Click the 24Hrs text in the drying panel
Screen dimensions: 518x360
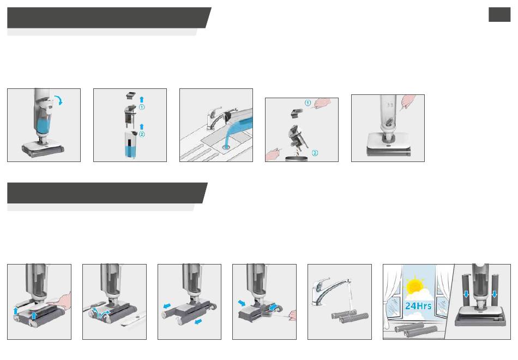pos(418,306)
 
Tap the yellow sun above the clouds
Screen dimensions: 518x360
pos(415,286)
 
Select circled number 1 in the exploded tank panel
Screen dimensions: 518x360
pos(142,107)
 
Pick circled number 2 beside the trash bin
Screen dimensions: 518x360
pos(315,153)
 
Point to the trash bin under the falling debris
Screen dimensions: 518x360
pos(296,159)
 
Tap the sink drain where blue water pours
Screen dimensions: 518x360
pos(226,146)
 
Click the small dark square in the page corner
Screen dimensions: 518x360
pos(499,15)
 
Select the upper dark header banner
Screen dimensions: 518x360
pos(109,17)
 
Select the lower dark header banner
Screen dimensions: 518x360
pos(107,193)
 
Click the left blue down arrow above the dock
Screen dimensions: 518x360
pos(466,293)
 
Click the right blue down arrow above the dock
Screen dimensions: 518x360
pos(494,293)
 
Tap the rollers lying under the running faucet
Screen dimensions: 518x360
pos(350,317)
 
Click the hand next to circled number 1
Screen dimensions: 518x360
pos(322,103)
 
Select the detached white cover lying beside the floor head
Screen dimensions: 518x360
pos(134,319)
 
